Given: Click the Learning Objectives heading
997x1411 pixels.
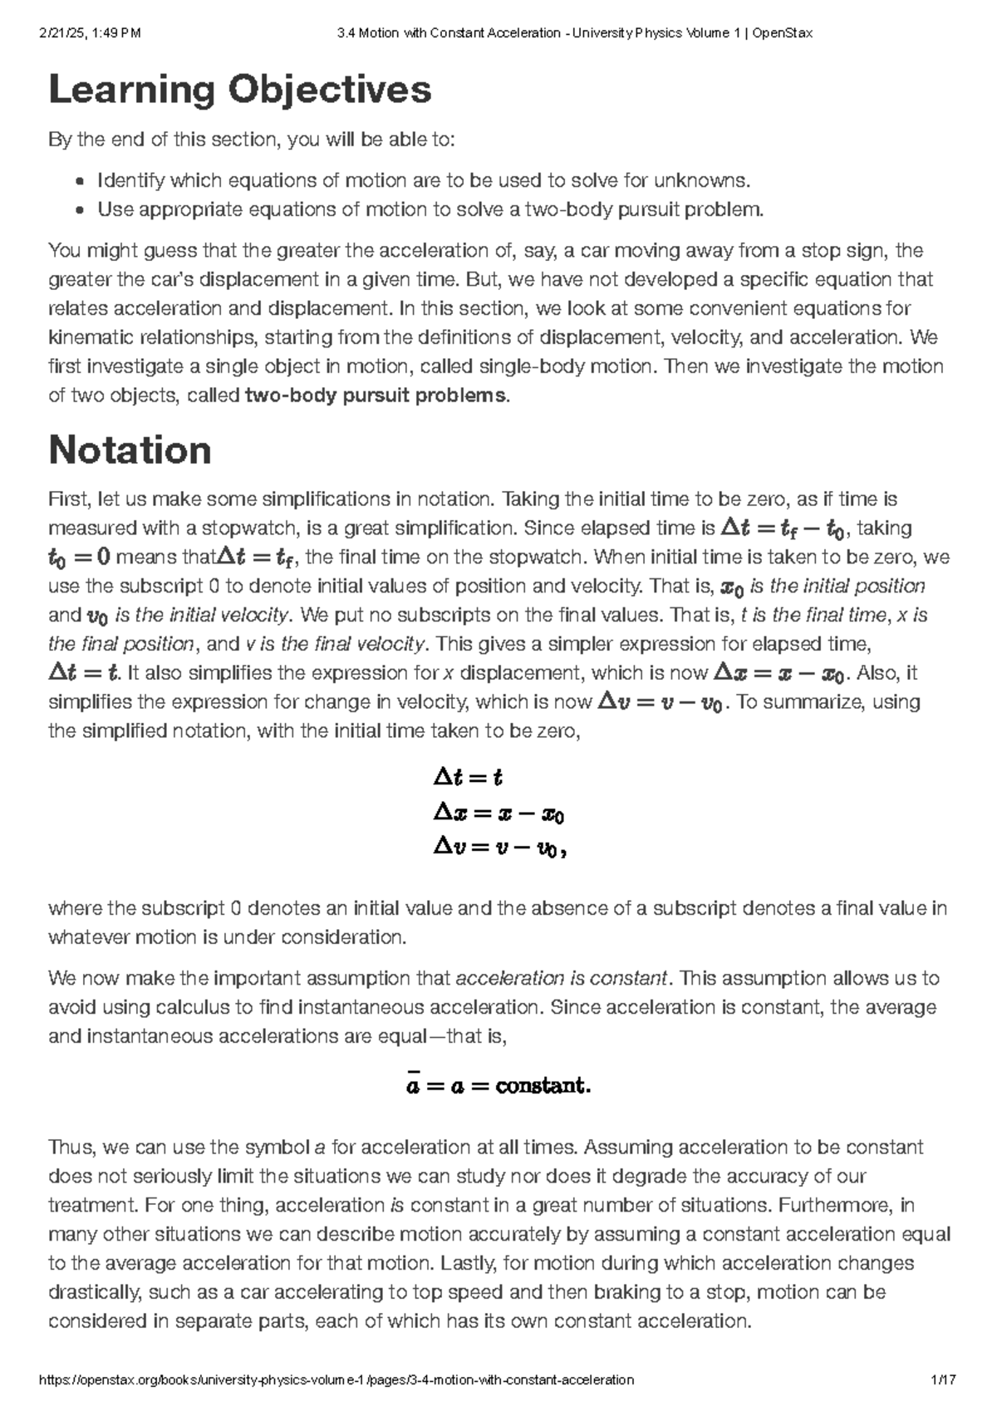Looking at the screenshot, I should pyautogui.click(x=240, y=91).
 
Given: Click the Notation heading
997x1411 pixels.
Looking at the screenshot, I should pyautogui.click(x=130, y=450).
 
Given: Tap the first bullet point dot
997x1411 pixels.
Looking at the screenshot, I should pyautogui.click(x=80, y=181).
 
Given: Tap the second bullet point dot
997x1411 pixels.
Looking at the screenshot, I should pyautogui.click(x=80, y=210).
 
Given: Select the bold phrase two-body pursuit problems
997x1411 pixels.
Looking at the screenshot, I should pyautogui.click(x=375, y=396).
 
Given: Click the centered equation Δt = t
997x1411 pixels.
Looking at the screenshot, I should pyautogui.click(x=468, y=778).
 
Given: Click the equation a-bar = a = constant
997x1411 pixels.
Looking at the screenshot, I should pyautogui.click(x=498, y=1085).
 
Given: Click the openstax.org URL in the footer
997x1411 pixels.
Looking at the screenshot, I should pyautogui.click(x=337, y=1379).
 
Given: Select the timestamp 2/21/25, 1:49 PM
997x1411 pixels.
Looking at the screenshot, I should pyautogui.click(x=91, y=33).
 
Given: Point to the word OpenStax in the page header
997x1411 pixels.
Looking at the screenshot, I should pyautogui.click(x=783, y=33).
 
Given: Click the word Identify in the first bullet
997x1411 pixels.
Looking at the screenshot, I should pyautogui.click(x=131, y=181).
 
